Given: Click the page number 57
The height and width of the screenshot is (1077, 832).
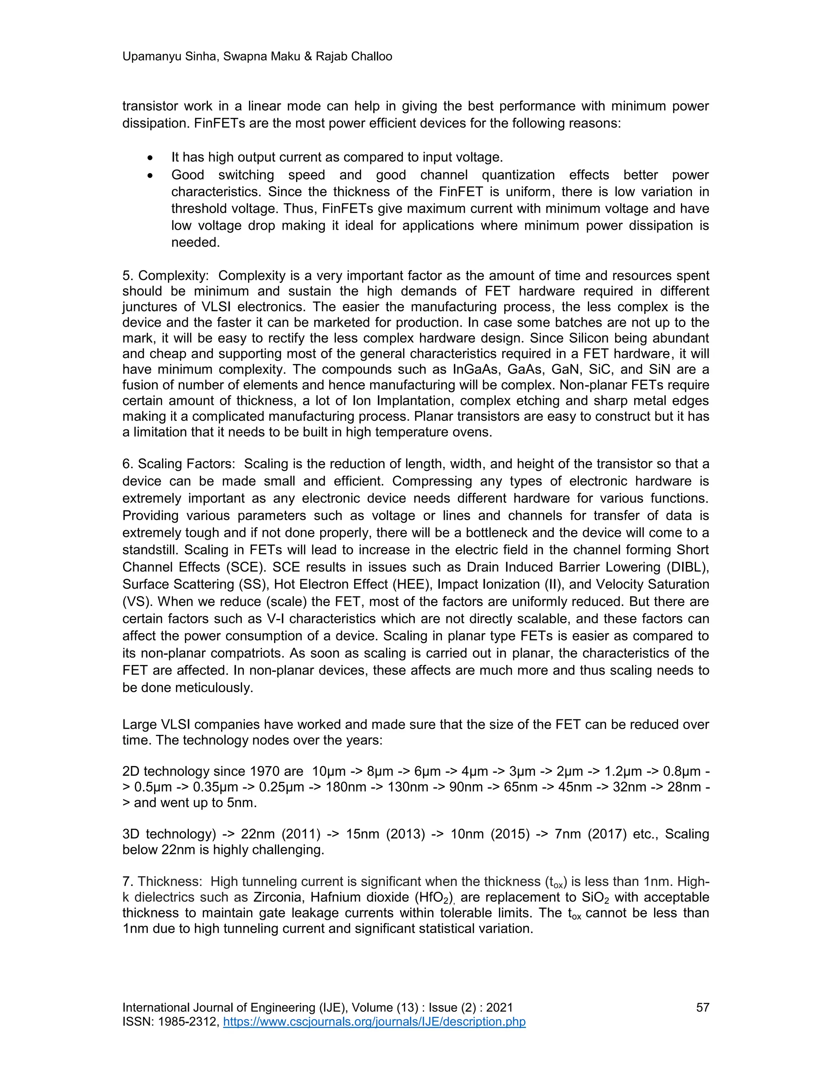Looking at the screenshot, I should (702, 1008).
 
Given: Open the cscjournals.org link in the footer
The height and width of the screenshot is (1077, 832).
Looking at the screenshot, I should (374, 1022).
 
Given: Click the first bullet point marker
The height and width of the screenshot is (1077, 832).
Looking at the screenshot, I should (150, 158).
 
